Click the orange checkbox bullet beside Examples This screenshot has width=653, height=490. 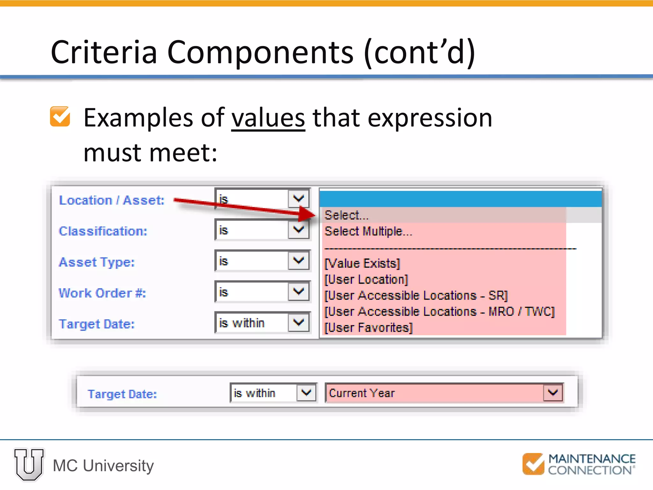[60, 116]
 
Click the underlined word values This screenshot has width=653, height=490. [268, 118]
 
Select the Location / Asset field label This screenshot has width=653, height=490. [112, 200]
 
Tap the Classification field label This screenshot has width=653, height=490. [103, 231]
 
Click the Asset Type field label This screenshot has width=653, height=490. [97, 262]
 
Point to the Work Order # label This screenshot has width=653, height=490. [102, 293]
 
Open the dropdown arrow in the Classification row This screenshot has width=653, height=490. [298, 230]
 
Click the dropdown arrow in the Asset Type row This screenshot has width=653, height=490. [298, 261]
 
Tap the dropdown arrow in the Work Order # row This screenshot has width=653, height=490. [298, 292]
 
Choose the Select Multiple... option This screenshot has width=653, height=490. [368, 231]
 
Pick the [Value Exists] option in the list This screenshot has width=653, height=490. [362, 264]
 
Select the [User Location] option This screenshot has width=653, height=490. [366, 279]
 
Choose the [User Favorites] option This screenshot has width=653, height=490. [369, 328]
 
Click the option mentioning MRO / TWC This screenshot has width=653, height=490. [440, 312]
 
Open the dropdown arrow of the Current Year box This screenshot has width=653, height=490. [553, 393]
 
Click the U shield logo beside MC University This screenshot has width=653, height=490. [29, 464]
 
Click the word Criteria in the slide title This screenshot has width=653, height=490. [104, 52]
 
